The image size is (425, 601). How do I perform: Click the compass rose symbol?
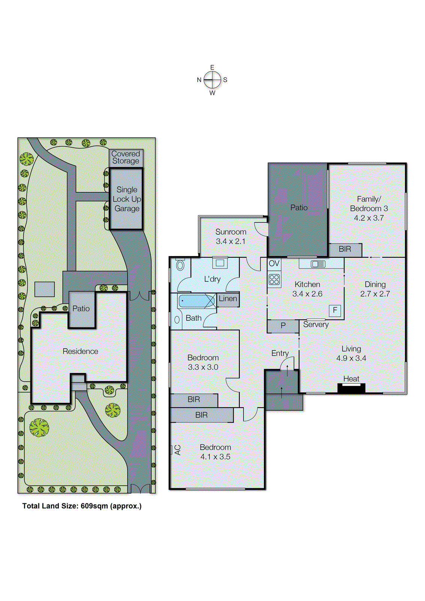tap(212, 80)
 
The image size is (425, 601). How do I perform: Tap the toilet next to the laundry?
tap(180, 265)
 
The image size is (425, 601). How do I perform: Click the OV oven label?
tap(274, 263)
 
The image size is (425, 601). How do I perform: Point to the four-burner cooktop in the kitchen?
tap(274, 279)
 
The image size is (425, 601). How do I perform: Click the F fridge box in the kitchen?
tap(335, 310)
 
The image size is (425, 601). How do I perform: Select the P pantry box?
tap(283, 326)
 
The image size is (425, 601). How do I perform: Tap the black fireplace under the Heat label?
tap(351, 388)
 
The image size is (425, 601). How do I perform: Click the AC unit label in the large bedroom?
tap(177, 450)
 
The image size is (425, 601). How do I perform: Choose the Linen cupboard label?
tap(228, 299)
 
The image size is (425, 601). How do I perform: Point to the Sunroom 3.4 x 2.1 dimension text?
tap(231, 242)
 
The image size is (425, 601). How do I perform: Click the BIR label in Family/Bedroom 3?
tap(345, 249)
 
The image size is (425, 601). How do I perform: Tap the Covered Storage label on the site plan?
tap(126, 157)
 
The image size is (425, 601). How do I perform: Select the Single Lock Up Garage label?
tap(127, 199)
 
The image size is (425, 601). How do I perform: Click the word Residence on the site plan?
tap(80, 351)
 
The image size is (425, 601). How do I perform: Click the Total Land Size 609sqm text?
tap(82, 506)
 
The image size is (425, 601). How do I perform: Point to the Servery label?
tap(316, 325)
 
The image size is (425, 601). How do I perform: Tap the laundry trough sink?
tap(220, 263)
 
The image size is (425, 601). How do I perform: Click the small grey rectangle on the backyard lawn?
tap(45, 289)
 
